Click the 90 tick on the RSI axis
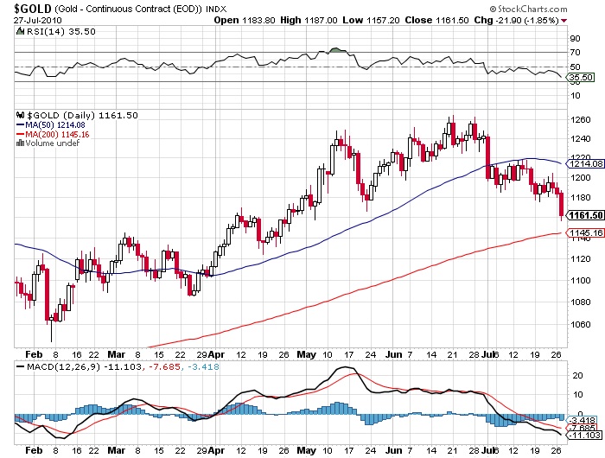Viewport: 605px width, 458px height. (574, 39)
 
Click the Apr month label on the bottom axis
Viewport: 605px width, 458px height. (216, 450)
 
